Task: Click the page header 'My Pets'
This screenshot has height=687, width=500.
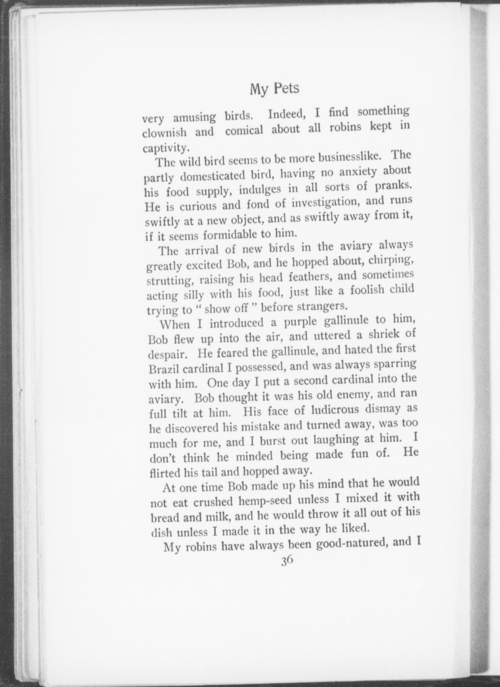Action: pyautogui.click(x=275, y=89)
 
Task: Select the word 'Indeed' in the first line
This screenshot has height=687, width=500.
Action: pyautogui.click(x=287, y=114)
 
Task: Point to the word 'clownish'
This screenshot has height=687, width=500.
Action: pyautogui.click(x=164, y=132)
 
